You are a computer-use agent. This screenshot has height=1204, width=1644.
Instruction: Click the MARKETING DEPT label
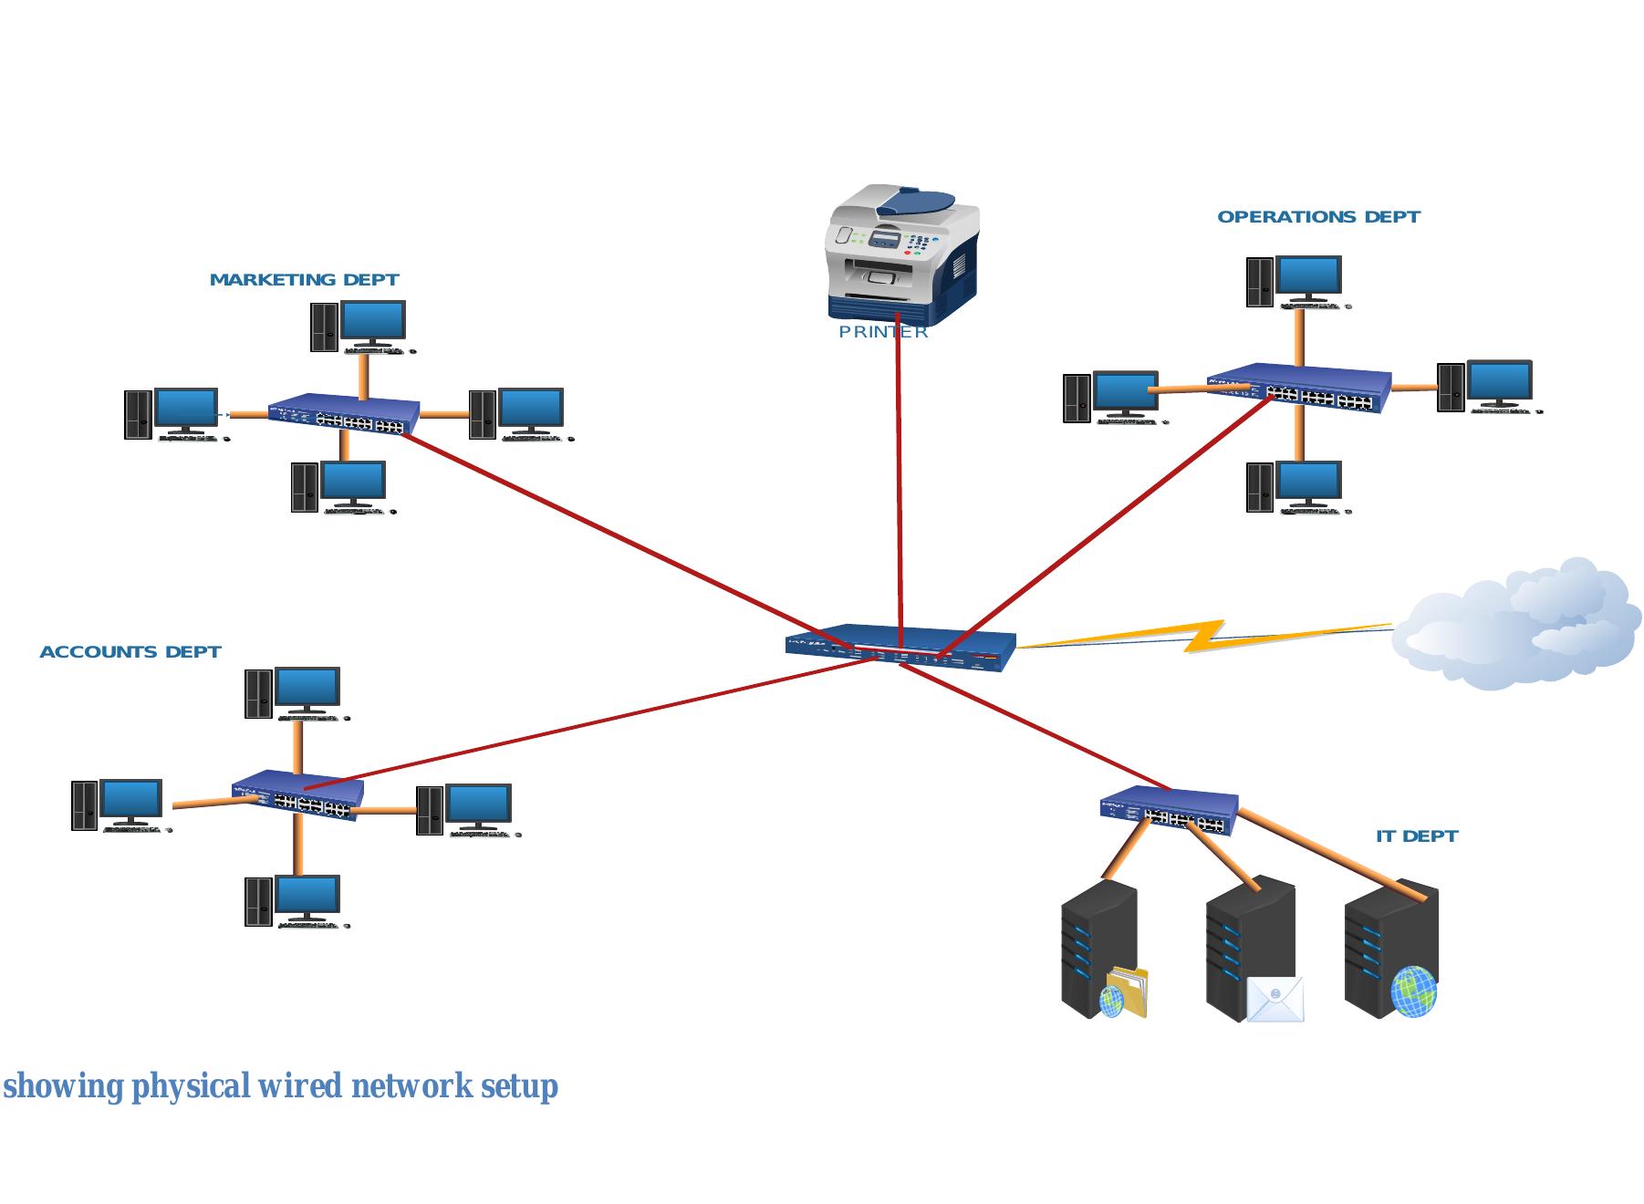(304, 280)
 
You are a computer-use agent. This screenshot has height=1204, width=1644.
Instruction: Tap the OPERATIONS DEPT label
(1318, 217)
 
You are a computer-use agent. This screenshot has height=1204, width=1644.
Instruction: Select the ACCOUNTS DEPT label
(130, 652)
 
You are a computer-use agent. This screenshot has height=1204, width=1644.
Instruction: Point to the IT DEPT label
(1416, 836)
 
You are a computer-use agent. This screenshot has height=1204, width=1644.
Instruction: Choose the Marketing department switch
(344, 414)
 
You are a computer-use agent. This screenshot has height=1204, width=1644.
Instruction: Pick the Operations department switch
(1299, 389)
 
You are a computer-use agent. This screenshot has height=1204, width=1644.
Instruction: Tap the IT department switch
(1169, 811)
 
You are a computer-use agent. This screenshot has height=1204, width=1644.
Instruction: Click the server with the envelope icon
(1252, 949)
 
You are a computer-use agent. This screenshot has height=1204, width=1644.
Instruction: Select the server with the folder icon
(1101, 949)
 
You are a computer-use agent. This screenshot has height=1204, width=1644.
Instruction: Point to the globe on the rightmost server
(1413, 992)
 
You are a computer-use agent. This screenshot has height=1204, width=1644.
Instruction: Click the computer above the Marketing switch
(359, 327)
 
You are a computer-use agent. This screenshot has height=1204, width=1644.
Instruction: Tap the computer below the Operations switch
(1295, 487)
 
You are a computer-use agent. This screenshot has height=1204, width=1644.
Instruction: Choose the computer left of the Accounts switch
(119, 804)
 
